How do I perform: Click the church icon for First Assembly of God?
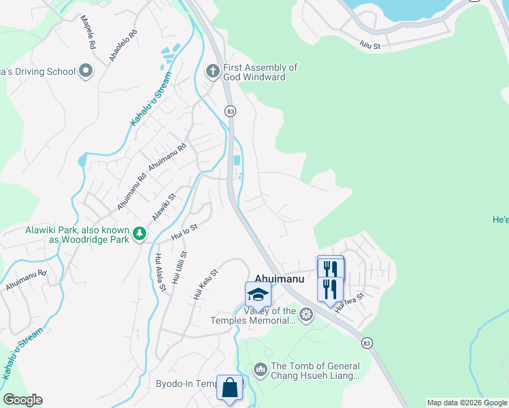212,71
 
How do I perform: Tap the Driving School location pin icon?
86,71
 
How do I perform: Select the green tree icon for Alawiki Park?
139,234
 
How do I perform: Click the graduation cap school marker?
258,294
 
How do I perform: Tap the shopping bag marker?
230,387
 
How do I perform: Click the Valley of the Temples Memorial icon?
306,314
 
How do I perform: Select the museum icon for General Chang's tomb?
260,370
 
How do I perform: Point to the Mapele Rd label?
88,32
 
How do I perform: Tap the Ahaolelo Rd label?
123,46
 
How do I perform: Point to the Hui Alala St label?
160,272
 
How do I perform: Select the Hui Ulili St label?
179,267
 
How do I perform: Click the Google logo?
23,400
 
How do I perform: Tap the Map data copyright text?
467,403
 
